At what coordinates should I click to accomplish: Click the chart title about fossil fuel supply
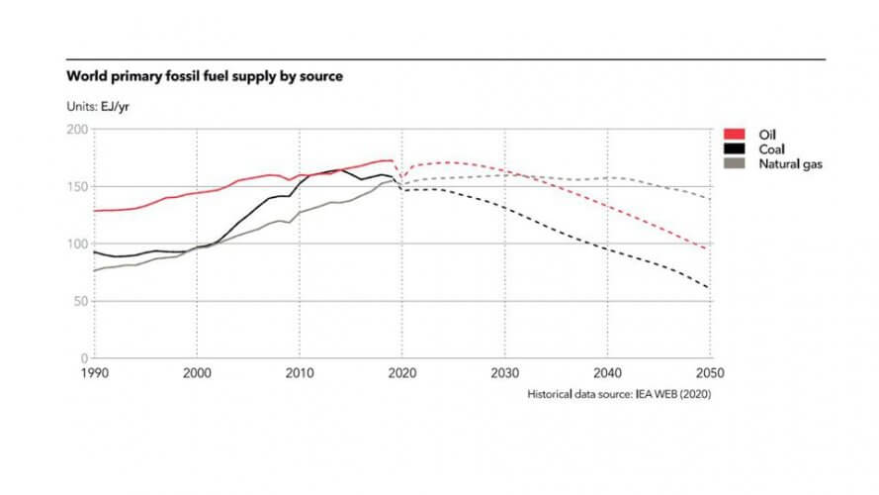click(204, 75)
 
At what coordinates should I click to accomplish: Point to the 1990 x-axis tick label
click(94, 373)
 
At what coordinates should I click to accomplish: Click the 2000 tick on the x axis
click(197, 373)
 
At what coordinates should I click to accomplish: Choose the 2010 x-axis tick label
click(300, 373)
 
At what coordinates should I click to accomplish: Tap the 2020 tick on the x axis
click(402, 373)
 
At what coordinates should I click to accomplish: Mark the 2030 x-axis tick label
click(505, 373)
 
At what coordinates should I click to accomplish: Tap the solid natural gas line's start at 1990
click(94, 270)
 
